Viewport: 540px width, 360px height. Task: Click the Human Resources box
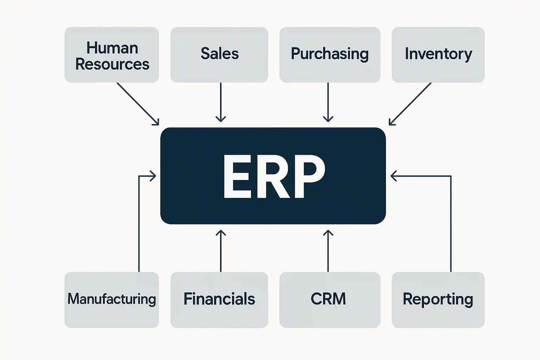point(111,55)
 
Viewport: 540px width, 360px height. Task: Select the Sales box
point(219,55)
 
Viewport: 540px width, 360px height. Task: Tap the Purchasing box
point(329,55)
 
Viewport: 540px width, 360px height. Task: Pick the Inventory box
point(438,55)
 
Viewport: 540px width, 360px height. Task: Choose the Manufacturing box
point(111,300)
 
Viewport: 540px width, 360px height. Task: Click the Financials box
point(219,300)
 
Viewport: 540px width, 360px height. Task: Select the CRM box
point(329,300)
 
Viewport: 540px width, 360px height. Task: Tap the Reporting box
point(438,300)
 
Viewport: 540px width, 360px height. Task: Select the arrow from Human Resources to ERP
point(137,104)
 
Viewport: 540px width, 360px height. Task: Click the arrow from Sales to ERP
point(220,102)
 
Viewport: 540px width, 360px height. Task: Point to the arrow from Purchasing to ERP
point(328,102)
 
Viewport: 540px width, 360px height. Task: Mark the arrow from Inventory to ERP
point(410,104)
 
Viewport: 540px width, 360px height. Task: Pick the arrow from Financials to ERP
point(220,251)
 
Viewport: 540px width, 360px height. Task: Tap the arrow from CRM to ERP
point(328,251)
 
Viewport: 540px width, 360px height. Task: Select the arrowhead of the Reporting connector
point(393,176)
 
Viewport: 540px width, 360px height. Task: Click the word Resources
point(112,64)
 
